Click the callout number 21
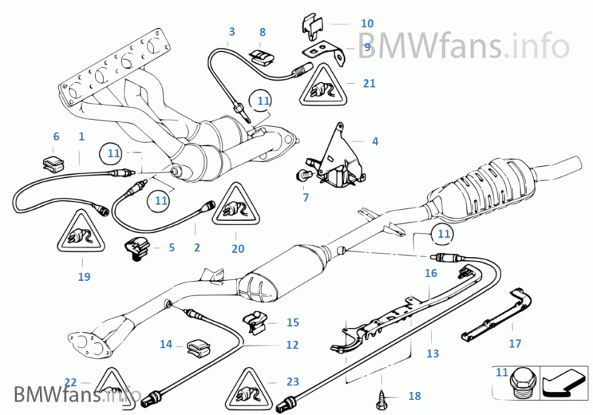tap(370, 84)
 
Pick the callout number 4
tap(375, 141)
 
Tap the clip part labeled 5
tap(138, 249)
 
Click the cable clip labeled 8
tap(259, 56)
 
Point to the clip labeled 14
tap(197, 346)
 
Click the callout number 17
tap(515, 344)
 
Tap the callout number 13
tap(433, 354)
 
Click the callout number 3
tap(232, 32)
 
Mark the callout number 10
tap(367, 24)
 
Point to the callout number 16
tap(431, 273)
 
